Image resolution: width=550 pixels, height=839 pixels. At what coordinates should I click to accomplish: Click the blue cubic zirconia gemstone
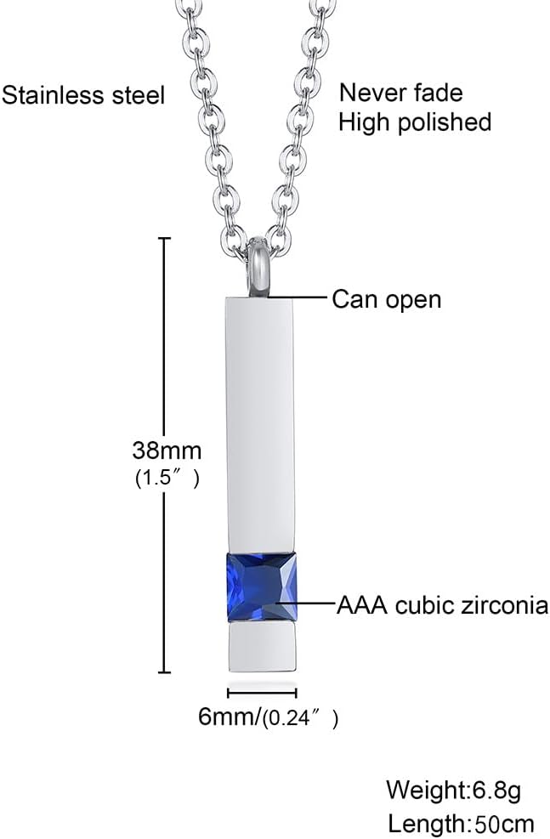coord(262,586)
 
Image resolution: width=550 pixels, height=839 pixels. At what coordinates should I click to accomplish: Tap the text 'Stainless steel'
coord(82,94)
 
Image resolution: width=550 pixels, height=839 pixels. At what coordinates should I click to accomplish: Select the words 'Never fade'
coord(401,92)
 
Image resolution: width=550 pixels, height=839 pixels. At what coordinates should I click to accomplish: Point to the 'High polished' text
coord(415,122)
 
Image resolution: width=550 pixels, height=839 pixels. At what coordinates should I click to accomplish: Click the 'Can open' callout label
coord(387,298)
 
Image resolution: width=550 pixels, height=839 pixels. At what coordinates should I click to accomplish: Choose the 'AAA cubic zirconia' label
coord(442,605)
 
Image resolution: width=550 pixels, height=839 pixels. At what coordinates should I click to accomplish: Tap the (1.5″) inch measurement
coord(167,479)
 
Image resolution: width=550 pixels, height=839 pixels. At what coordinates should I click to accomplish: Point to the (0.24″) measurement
coord(300,718)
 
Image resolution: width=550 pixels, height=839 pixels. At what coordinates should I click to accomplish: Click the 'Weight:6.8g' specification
coord(453,790)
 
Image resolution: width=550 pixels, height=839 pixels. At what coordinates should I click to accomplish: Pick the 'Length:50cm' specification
coord(461,823)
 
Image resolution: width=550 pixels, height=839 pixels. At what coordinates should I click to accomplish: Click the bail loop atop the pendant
coord(262,268)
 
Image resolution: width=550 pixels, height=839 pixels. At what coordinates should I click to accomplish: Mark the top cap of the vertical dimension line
coord(164,239)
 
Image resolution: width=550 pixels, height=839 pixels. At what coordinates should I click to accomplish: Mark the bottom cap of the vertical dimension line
coord(164,670)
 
